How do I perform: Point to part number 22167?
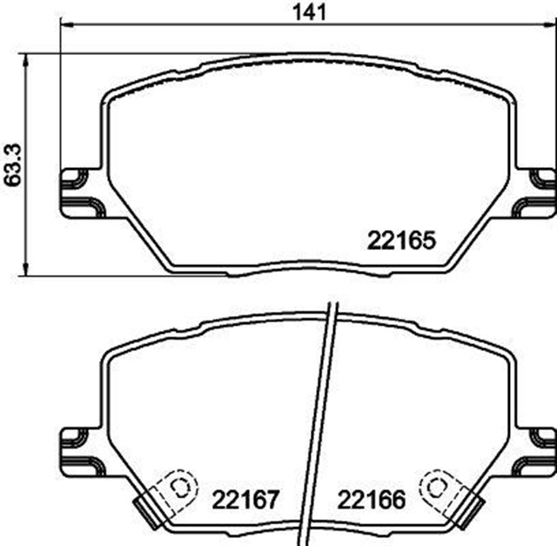pos(245,500)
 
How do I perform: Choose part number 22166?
pos(372,500)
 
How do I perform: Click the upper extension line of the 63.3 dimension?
pos(131,54)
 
